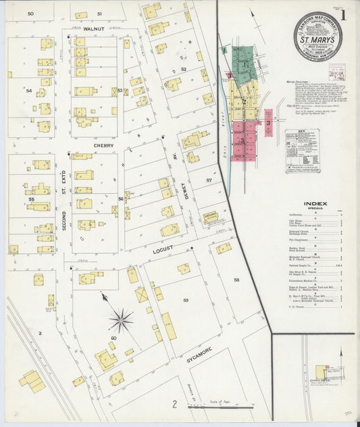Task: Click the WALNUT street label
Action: pyautogui.click(x=96, y=30)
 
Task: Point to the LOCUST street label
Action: pyautogui.click(x=164, y=249)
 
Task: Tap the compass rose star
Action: pyautogui.click(x=120, y=319)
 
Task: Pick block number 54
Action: pyautogui.click(x=29, y=90)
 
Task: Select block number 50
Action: pyautogui.click(x=30, y=14)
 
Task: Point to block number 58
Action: pyautogui.click(x=236, y=279)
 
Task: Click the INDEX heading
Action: pyautogui.click(x=315, y=203)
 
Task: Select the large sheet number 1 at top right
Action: pyautogui.click(x=346, y=14)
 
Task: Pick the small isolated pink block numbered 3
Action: pyautogui.click(x=268, y=123)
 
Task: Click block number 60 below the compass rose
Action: pyautogui.click(x=113, y=338)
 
